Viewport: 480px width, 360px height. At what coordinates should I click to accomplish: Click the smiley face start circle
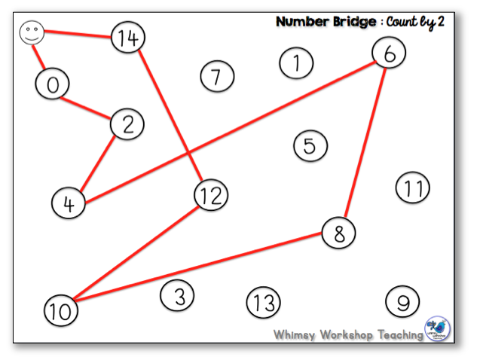pyautogui.click(x=31, y=32)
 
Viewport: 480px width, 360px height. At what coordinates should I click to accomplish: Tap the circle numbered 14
pyautogui.click(x=128, y=38)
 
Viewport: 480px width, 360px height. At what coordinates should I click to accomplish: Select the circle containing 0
pyautogui.click(x=52, y=84)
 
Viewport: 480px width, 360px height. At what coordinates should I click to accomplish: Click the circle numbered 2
pyautogui.click(x=127, y=124)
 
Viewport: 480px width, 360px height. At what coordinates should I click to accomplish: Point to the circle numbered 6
pyautogui.click(x=389, y=53)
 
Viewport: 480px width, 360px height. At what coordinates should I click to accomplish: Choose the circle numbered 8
pyautogui.click(x=339, y=233)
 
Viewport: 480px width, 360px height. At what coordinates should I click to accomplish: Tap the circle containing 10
pyautogui.click(x=61, y=310)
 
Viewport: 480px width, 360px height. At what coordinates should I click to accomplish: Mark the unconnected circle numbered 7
pyautogui.click(x=218, y=76)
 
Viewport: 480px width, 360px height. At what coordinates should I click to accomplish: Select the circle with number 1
pyautogui.click(x=297, y=63)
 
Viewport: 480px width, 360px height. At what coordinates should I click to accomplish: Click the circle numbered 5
pyautogui.click(x=310, y=145)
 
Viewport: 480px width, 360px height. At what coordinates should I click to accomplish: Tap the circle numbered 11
pyautogui.click(x=412, y=188)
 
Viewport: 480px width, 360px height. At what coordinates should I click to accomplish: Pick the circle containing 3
pyautogui.click(x=177, y=295)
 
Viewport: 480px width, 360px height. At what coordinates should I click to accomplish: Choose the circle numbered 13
pyautogui.click(x=263, y=303)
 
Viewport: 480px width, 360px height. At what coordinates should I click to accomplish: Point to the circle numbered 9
pyautogui.click(x=402, y=302)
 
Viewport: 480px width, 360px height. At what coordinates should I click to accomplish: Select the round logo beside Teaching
pyautogui.click(x=439, y=329)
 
